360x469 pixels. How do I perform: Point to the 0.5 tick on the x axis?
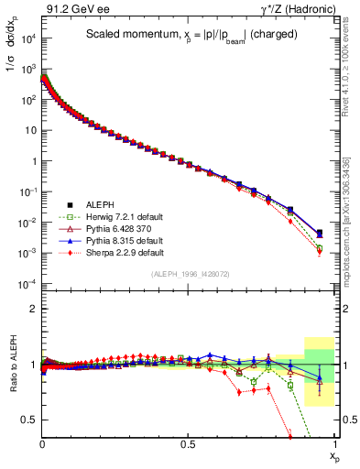point(188,443)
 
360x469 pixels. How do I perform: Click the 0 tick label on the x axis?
point(42,443)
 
